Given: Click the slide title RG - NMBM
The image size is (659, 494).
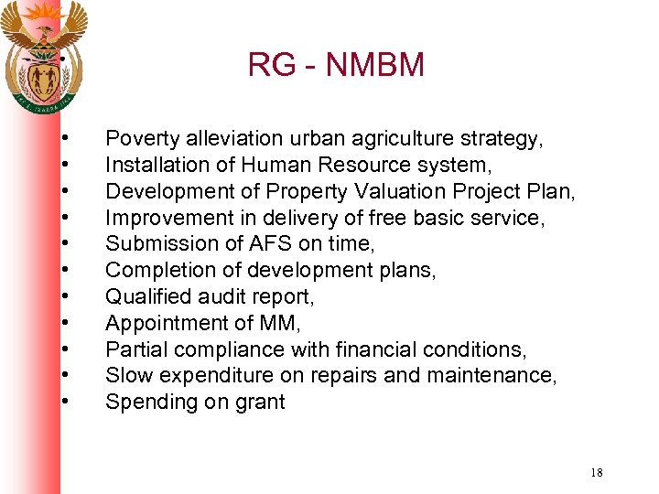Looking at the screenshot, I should (336, 65).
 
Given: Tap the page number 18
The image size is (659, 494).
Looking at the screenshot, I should (597, 473).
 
